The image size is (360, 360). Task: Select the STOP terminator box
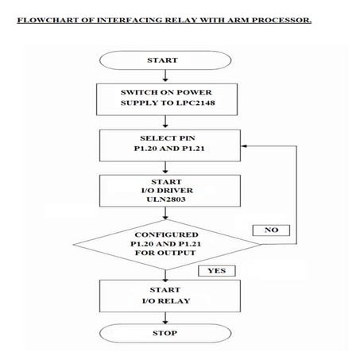pos(164,333)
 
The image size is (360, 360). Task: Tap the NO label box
pos(271,230)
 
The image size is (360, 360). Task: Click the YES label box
pos(215,271)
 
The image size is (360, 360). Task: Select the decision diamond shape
pos(164,244)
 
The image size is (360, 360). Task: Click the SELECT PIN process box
pos(164,145)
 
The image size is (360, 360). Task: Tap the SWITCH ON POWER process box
pos(164,97)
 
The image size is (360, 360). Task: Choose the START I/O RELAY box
pos(164,296)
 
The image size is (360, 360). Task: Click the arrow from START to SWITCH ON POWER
pos(164,75)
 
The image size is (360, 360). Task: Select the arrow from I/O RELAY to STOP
pos(164,317)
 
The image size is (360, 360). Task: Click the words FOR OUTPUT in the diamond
pos(164,254)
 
